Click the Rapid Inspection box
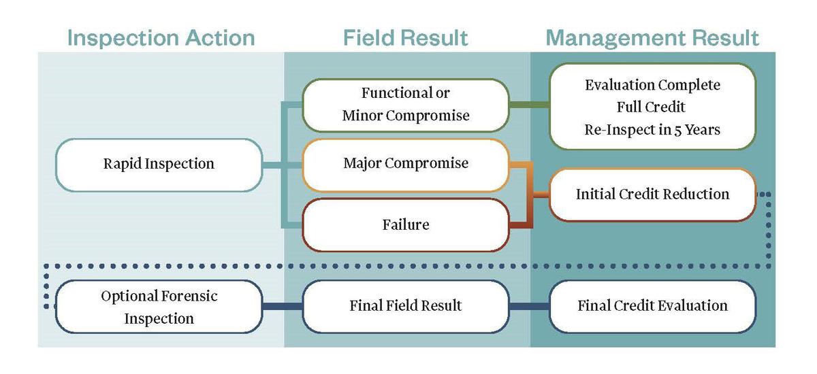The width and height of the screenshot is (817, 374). tap(159, 164)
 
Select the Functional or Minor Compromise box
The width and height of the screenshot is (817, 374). tap(406, 105)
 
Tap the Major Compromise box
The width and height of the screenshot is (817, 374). tap(406, 164)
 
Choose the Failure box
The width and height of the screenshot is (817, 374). tap(406, 224)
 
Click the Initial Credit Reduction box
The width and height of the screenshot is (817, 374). tap(652, 194)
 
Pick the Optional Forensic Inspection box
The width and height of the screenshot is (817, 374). tap(159, 307)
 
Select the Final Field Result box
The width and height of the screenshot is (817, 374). tap(406, 306)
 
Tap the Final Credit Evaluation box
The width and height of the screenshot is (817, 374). tap(652, 306)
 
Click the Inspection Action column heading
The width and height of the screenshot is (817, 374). tap(161, 38)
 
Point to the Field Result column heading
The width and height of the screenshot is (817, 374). tap(406, 38)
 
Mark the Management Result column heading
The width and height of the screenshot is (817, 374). tap(652, 38)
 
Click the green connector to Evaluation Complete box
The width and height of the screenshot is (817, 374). tap(529, 105)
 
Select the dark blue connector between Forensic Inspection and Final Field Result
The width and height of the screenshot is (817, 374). tap(283, 307)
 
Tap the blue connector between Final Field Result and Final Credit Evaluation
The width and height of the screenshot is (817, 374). tap(529, 307)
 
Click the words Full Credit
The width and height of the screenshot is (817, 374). tap(652, 107)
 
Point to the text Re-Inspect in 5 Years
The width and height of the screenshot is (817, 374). tap(652, 129)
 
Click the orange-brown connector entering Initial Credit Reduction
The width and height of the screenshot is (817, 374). tap(541, 195)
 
